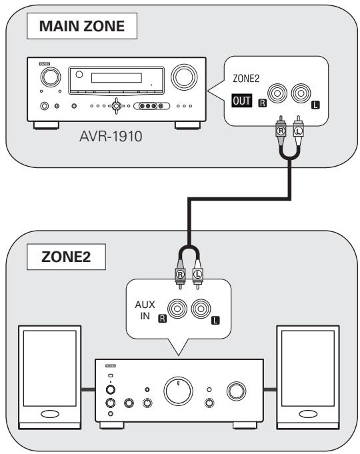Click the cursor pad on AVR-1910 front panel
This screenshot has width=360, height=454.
(117, 106)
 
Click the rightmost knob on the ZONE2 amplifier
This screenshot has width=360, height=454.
(237, 391)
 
